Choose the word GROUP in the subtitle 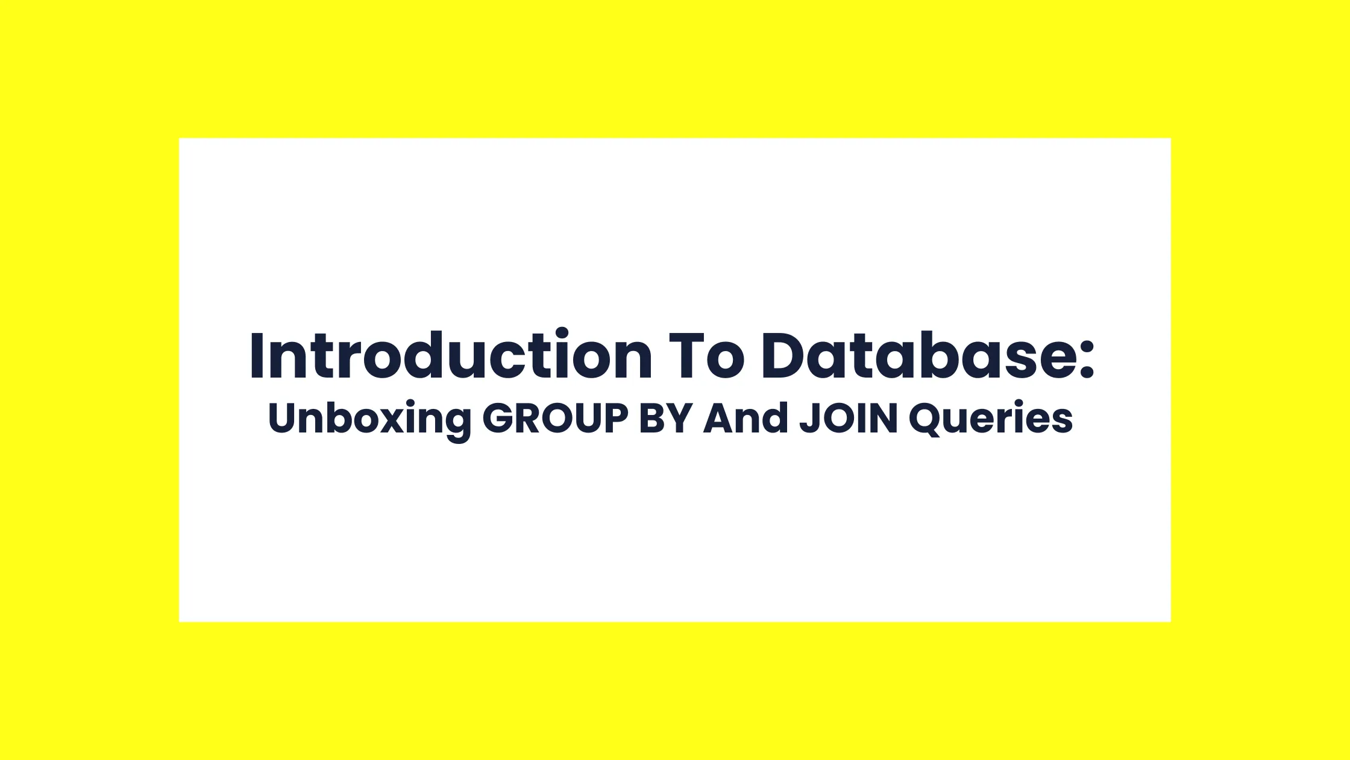554,418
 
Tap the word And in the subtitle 746,418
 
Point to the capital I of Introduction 256,356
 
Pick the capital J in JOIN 808,418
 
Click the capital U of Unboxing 281,418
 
